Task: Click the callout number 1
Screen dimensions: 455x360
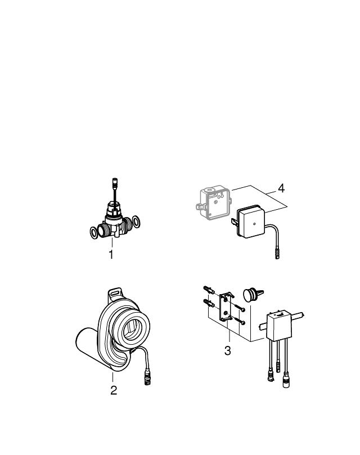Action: [x=111, y=255]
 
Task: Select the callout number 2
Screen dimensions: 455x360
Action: [x=114, y=390]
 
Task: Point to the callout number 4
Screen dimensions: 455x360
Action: [x=281, y=188]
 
